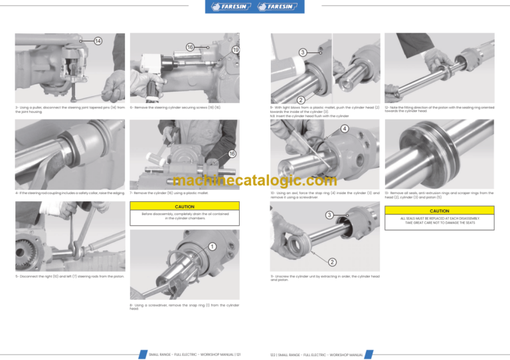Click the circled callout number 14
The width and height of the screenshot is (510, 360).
coord(98,41)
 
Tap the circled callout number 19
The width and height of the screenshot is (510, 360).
coord(236,50)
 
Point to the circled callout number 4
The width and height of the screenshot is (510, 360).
coord(345,129)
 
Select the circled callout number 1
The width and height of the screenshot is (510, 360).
coord(211,247)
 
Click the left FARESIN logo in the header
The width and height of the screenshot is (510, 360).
coord(230,7)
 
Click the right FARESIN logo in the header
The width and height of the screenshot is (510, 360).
coord(279,7)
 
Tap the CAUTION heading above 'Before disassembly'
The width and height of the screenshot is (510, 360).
coord(184,207)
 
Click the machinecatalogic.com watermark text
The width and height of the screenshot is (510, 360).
coord(255,180)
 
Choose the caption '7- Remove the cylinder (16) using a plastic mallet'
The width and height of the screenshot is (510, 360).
coord(169,193)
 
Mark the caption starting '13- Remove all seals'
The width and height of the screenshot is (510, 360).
coord(439,195)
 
